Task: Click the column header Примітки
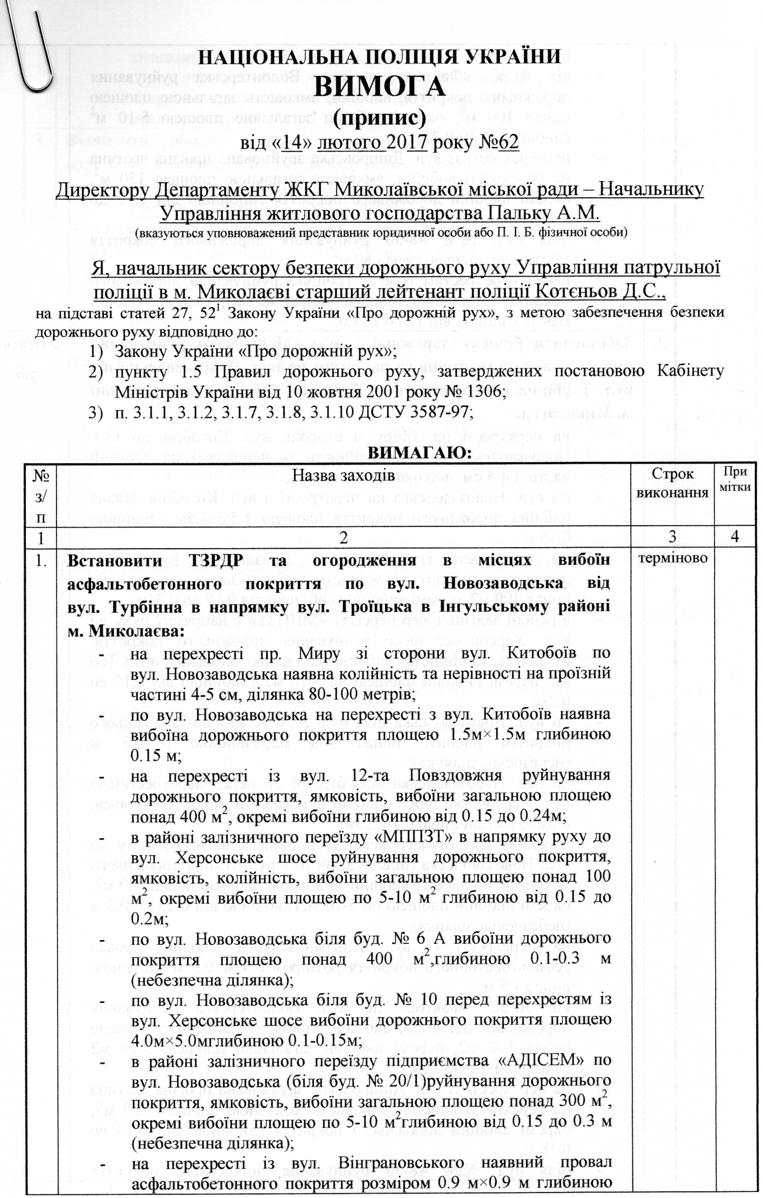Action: point(735,480)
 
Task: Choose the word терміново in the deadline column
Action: point(672,558)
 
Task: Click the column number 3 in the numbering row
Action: point(672,537)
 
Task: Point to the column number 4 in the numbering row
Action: point(735,537)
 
